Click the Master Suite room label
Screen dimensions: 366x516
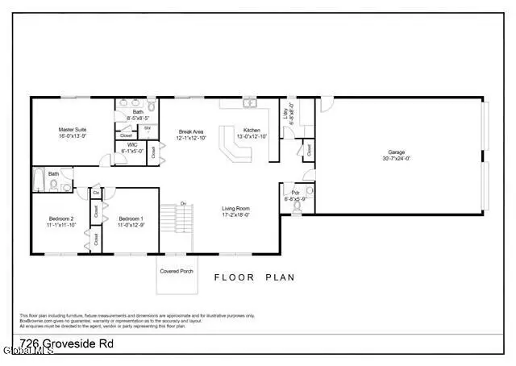point(72,130)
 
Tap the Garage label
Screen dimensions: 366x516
point(395,152)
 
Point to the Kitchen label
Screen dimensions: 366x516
point(252,130)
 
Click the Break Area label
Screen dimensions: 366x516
point(191,131)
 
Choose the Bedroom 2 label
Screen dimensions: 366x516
point(60,219)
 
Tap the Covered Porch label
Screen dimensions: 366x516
point(177,271)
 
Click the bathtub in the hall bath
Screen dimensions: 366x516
point(40,181)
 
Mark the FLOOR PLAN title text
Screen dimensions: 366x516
point(254,277)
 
